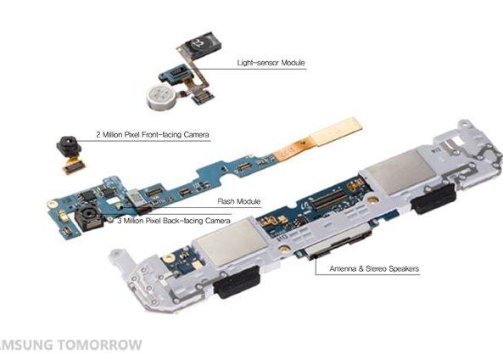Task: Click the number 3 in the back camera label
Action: tap(118, 220)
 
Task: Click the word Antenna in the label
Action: tap(330, 269)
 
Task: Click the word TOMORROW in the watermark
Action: tap(100, 346)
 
